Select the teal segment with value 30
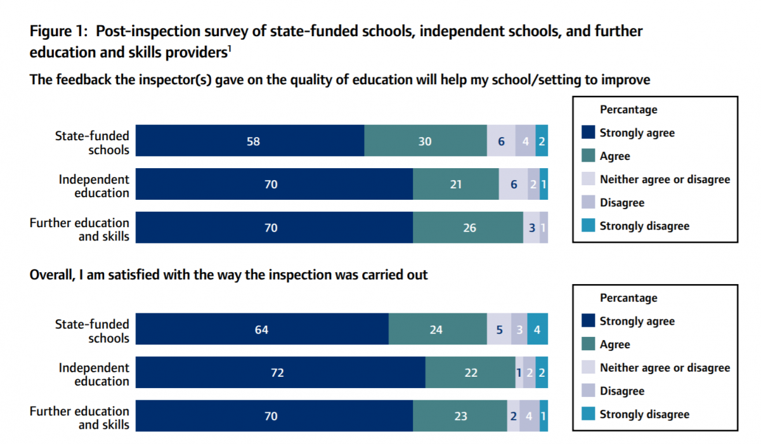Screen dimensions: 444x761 tap(426, 141)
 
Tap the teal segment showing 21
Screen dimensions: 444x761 tap(455, 185)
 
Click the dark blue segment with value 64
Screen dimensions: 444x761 tap(262, 330)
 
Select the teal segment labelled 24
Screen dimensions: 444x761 tap(438, 330)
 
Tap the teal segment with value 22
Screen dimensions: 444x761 tap(470, 373)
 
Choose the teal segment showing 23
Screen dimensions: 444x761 tap(460, 416)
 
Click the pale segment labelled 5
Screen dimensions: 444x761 tap(499, 330)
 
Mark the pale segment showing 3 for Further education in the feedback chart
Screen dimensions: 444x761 tap(531, 228)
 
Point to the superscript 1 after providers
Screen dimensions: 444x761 tap(229, 49)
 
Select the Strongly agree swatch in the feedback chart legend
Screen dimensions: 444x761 tap(588, 133)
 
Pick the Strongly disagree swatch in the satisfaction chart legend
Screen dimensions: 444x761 tap(588, 415)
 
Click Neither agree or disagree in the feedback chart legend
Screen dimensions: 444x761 tap(665, 180)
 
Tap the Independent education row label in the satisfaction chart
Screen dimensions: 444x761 tap(94, 374)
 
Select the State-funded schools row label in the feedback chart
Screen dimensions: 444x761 tap(92, 143)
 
